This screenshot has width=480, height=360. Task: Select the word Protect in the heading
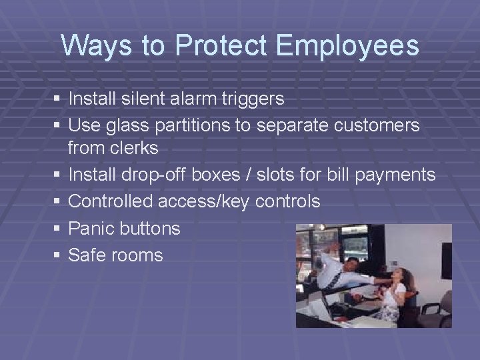[x=221, y=46]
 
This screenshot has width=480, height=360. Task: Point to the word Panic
[x=91, y=228]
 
